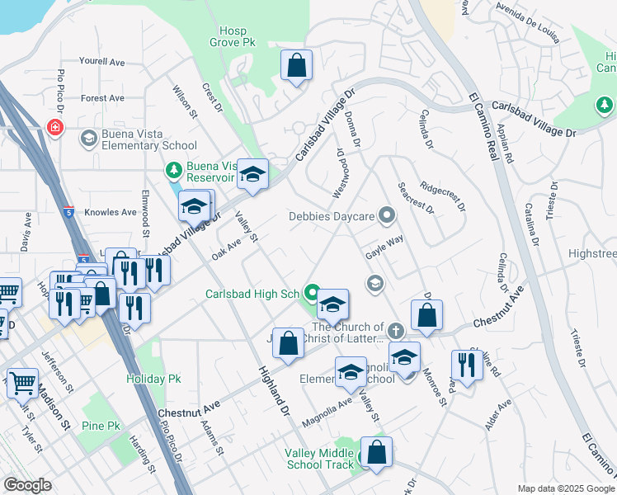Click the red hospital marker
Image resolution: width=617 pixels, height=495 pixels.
[x=55, y=128]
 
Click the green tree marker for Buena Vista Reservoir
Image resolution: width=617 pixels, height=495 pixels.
[x=174, y=170]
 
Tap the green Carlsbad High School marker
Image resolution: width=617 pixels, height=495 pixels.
[x=312, y=292]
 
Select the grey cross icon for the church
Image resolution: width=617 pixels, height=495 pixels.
[x=396, y=331]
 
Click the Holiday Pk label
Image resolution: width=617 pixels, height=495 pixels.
[x=153, y=379]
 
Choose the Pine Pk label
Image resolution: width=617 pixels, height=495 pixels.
[x=101, y=426]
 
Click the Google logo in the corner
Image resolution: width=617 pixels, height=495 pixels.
[x=27, y=485]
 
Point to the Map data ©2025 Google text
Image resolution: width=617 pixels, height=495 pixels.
[x=565, y=488]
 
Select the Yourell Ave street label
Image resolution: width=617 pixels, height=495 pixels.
[x=101, y=61]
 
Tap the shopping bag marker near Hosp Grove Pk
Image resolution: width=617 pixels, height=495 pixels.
[x=296, y=65]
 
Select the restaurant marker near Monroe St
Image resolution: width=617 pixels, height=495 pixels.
[x=467, y=365]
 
